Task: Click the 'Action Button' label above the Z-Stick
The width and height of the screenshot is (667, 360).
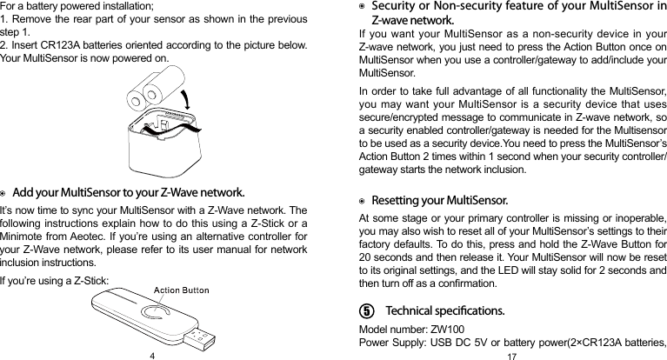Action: coord(181,290)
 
